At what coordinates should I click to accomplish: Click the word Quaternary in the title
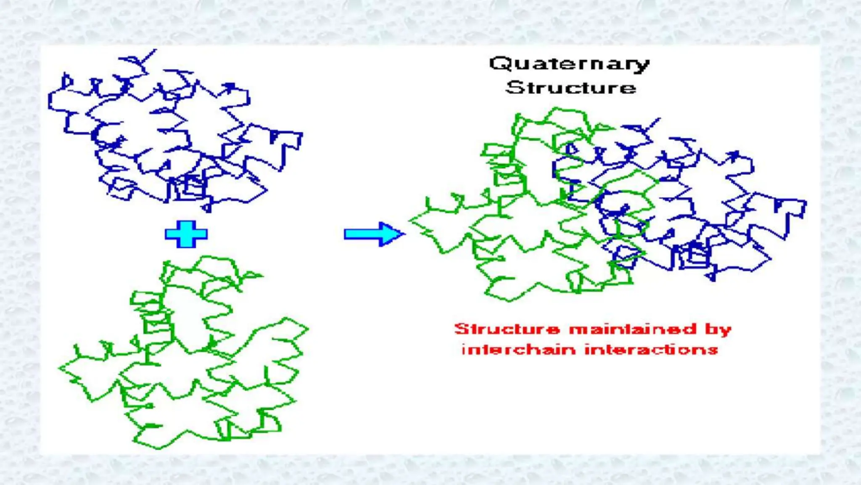coord(569,64)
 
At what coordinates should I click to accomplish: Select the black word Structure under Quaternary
coord(570,88)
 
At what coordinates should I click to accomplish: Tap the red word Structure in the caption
coord(507,329)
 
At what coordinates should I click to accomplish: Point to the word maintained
coord(633,329)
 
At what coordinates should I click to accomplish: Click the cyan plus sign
coord(186,234)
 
